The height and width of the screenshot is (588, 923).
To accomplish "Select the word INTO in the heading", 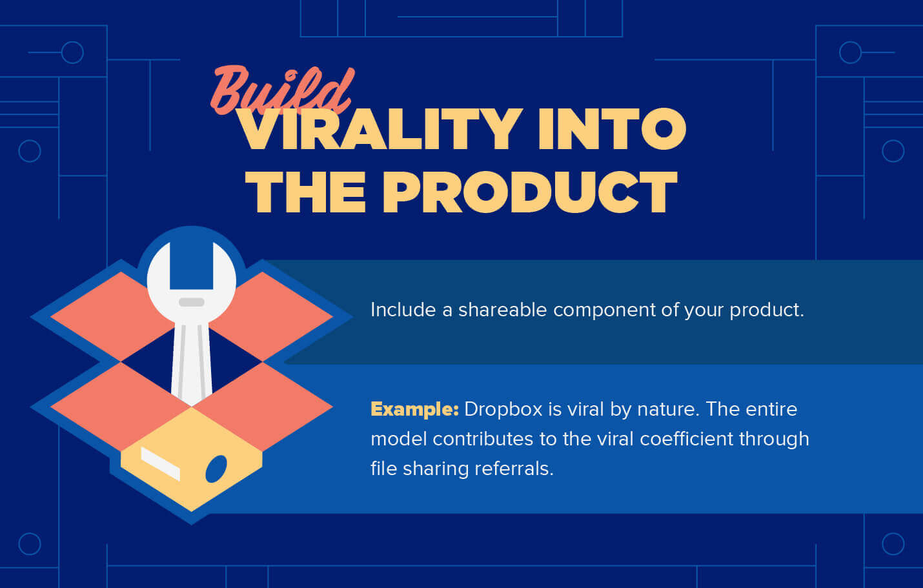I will (x=611, y=130).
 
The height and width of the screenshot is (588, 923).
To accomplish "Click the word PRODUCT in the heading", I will (x=529, y=193).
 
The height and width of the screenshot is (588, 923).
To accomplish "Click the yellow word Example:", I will (x=414, y=409).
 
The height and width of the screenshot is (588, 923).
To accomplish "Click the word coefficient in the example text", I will (x=686, y=439).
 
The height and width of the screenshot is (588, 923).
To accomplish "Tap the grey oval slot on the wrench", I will (x=191, y=302).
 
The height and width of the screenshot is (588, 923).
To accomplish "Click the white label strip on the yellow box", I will (x=160, y=463).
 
